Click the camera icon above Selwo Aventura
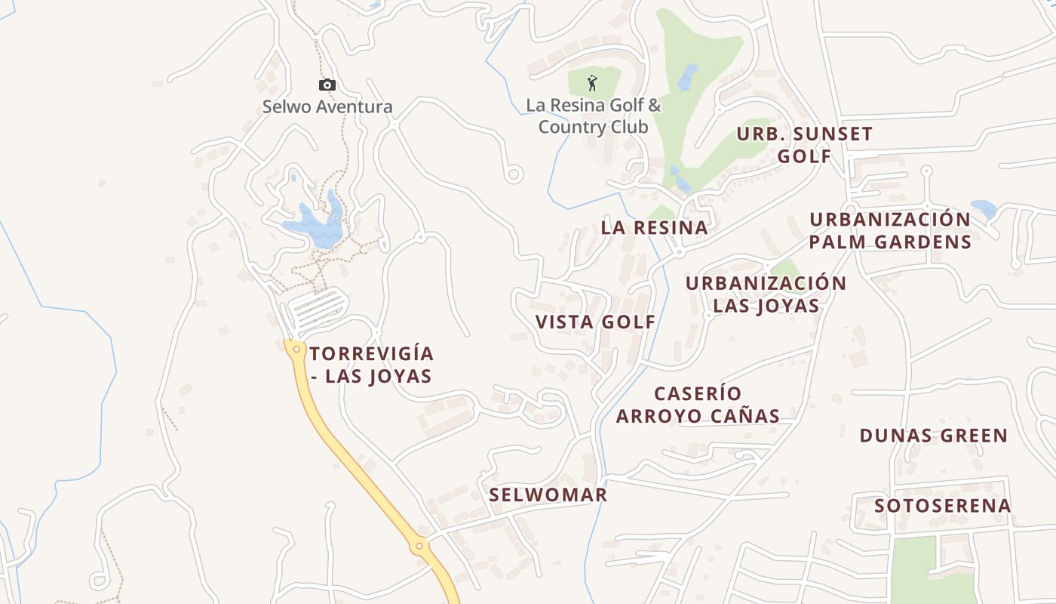tap(327, 85)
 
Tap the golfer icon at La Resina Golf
tap(592, 82)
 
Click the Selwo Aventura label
tap(327, 107)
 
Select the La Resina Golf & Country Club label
tap(594, 116)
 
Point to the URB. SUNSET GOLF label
tap(804, 145)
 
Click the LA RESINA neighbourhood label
tap(654, 227)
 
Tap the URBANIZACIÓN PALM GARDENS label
tap(890, 230)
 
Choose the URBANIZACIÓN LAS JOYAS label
tap(766, 294)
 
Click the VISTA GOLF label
tap(595, 322)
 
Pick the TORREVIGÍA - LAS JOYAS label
tap(372, 365)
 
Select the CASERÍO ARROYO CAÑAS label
tap(698, 405)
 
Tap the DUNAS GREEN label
tap(933, 436)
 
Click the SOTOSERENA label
tap(942, 506)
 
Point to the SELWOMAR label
tap(548, 495)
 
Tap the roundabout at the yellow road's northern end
tap(296, 350)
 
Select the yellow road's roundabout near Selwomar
tap(419, 545)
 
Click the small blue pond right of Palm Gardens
tap(984, 208)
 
